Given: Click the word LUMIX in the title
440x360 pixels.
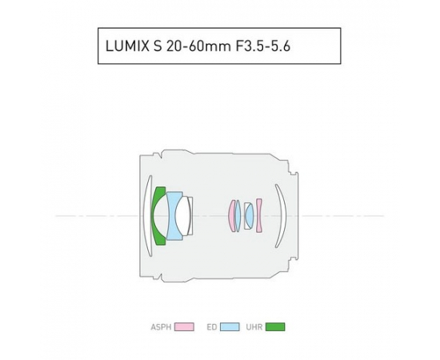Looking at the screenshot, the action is pos(127,46).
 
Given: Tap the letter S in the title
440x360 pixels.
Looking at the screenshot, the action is pos(158,46).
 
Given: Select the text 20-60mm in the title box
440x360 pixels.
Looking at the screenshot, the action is pos(198,46).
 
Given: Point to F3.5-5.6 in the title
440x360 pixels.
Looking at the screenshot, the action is pos(262,46).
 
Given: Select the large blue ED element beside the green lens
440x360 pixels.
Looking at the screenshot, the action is pos(172,216).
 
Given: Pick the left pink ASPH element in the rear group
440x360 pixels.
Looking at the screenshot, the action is pos(231,216).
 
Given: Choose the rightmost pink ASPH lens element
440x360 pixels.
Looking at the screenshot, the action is pos(259,216).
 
